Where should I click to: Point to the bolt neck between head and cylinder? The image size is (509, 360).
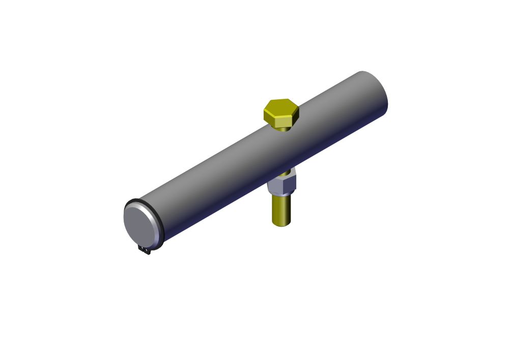coord(285,129)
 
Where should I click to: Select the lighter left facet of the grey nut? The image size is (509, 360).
coord(274,186)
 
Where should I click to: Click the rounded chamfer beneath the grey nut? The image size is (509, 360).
coord(281,196)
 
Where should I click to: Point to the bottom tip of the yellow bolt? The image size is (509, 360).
coord(281,225)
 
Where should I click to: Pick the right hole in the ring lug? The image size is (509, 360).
coord(148,251)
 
